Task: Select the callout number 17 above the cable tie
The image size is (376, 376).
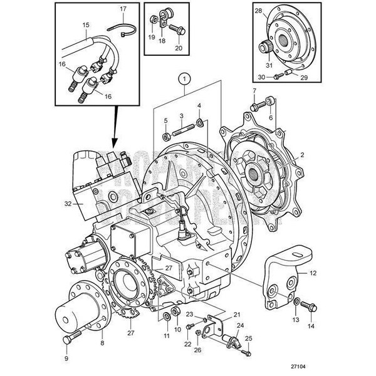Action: [123, 9]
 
